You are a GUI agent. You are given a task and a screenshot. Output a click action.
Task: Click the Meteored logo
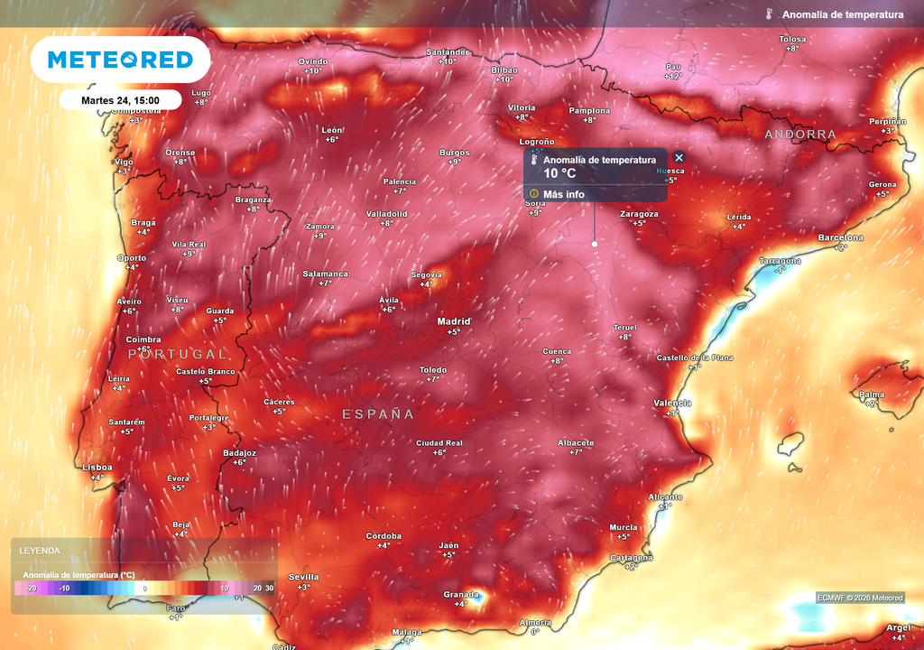[x=120, y=60]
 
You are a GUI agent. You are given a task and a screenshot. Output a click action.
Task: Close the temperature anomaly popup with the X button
[x=679, y=157]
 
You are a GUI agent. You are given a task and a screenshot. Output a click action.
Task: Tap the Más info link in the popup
[x=564, y=194]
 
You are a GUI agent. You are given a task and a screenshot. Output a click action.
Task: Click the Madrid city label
[x=454, y=321]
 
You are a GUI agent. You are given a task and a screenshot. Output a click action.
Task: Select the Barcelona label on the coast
[x=840, y=237]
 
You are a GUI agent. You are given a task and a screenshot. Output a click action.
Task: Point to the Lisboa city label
[x=97, y=467]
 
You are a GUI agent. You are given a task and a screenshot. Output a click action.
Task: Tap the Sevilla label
[x=303, y=577]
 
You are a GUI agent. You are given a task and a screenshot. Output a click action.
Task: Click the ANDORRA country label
[x=800, y=135]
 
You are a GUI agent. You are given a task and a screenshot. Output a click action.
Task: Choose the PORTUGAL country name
[x=178, y=354]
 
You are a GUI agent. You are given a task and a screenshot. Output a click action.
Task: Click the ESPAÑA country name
[x=378, y=414]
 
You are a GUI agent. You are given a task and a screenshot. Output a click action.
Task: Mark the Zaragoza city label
[x=639, y=214]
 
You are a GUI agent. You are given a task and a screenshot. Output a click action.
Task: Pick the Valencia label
[x=672, y=403]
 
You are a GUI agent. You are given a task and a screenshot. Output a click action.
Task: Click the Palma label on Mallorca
[x=872, y=395]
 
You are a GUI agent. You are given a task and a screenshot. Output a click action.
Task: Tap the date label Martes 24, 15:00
[x=120, y=100]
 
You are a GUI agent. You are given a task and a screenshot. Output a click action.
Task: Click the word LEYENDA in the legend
[x=40, y=550]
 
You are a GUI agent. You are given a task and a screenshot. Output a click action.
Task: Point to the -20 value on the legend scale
[x=31, y=588]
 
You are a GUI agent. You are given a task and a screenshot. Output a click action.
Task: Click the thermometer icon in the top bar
[x=769, y=14]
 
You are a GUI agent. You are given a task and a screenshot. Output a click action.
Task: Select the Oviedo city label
[x=313, y=61]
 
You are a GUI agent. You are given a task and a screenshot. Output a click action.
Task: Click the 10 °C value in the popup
[x=559, y=173]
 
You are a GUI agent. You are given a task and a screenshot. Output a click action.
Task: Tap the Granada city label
[x=460, y=594]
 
